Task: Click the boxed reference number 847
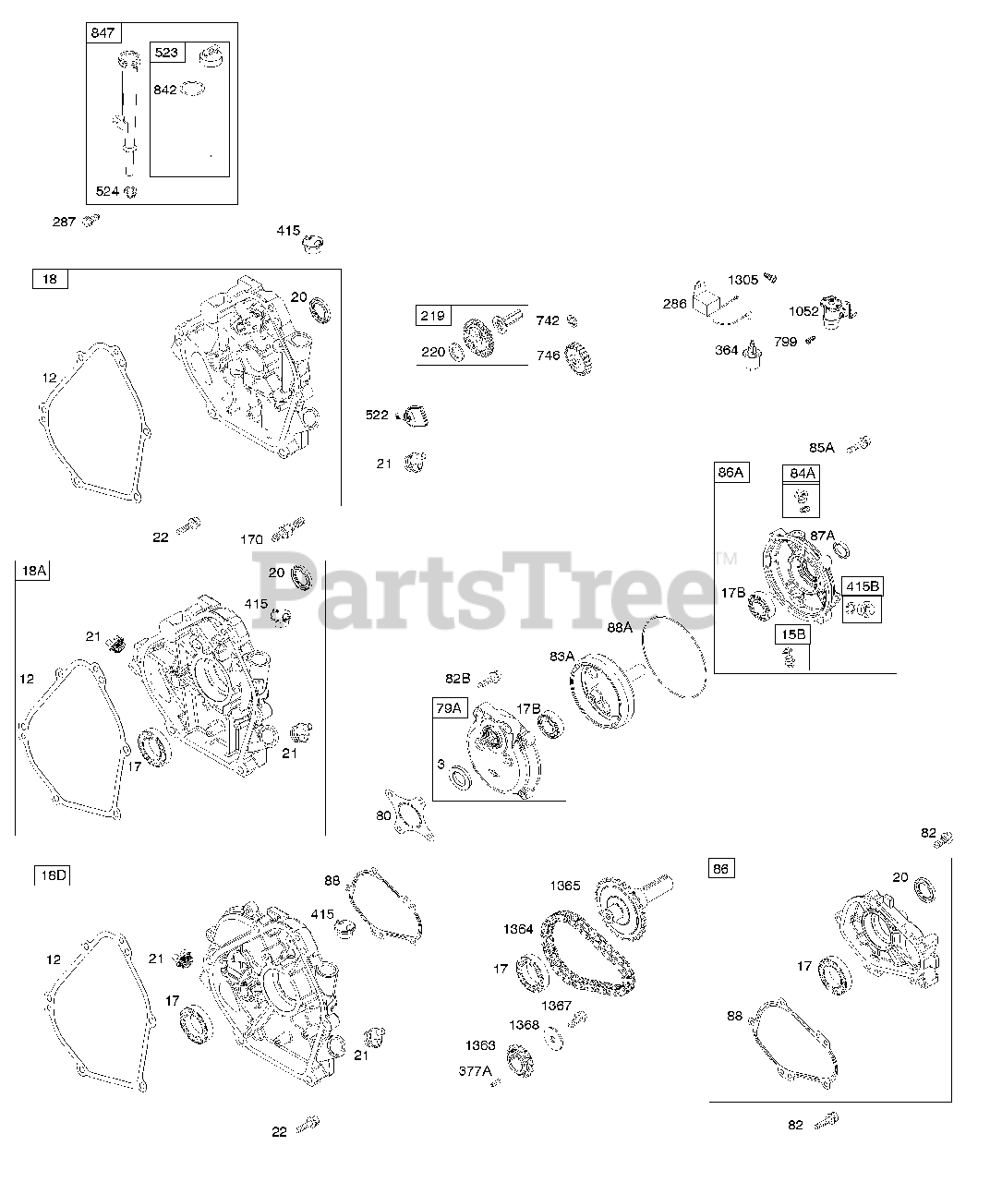pyautogui.click(x=103, y=33)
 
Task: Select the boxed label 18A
pyautogui.click(x=32, y=571)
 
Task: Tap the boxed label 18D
pyautogui.click(x=51, y=874)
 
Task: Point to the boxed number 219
pyautogui.click(x=432, y=316)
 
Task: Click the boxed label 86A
pyautogui.click(x=730, y=473)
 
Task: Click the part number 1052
pyautogui.click(x=803, y=311)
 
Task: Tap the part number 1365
pyautogui.click(x=565, y=886)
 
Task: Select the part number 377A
pyautogui.click(x=476, y=1071)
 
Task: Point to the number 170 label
pyautogui.click(x=251, y=539)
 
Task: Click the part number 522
pyautogui.click(x=377, y=415)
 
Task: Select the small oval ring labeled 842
pyautogui.click(x=193, y=89)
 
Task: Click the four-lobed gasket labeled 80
pyautogui.click(x=409, y=814)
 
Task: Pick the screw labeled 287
pyautogui.click(x=91, y=220)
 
